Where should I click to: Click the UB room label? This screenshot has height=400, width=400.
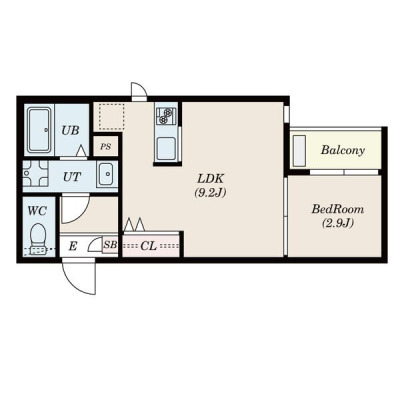tap(70, 130)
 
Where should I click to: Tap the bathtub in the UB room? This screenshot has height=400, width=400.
tap(39, 130)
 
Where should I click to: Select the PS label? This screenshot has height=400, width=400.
tap(106, 146)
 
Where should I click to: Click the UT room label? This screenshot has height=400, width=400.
tap(72, 177)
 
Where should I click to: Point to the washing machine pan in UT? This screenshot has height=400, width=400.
tap(35, 174)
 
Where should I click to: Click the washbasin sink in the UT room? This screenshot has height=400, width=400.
tap(106, 174)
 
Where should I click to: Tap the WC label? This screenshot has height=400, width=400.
tap(37, 211)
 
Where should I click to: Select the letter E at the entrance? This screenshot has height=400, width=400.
tap(73, 247)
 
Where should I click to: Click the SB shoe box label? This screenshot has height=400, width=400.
tap(110, 245)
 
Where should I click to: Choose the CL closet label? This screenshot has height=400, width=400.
tap(148, 246)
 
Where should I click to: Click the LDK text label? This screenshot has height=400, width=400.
tap(210, 179)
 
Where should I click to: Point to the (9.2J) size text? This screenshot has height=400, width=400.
tap(210, 193)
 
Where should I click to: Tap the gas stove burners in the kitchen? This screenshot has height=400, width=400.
tap(166, 115)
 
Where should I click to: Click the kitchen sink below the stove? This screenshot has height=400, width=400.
tap(166, 148)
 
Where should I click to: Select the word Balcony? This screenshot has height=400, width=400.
tap(342, 150)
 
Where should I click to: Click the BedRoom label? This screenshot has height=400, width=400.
tap(337, 209)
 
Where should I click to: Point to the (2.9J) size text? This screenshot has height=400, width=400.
tap(337, 223)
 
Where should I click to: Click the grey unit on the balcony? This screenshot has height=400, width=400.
tap(300, 151)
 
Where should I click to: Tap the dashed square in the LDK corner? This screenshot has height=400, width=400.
tap(111, 116)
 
